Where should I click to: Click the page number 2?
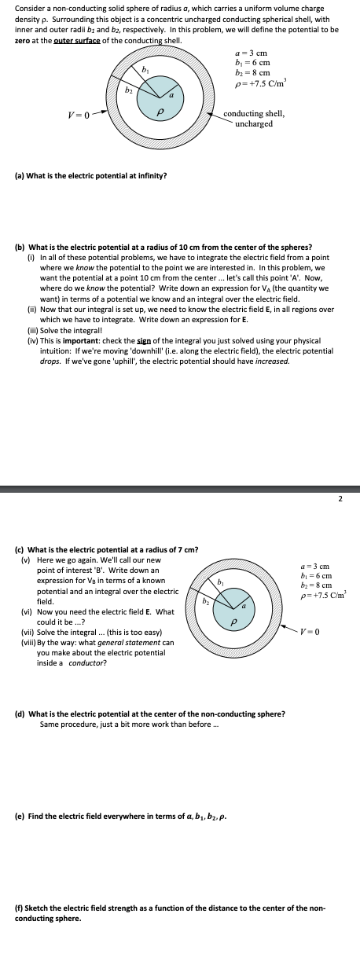[340, 497]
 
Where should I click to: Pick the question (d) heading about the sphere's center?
[150, 714]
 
